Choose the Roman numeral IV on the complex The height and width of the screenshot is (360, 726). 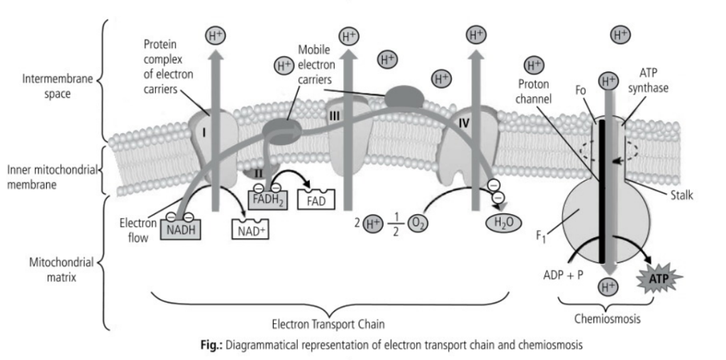[x=464, y=123]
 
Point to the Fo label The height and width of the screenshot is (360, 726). [x=581, y=91]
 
